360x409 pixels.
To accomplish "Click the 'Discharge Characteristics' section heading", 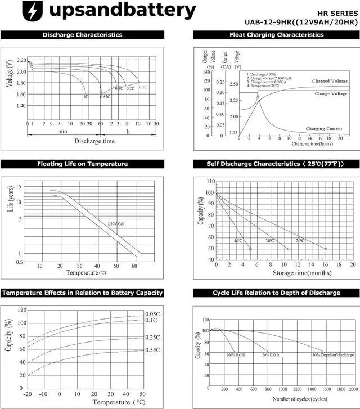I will [x=82, y=35].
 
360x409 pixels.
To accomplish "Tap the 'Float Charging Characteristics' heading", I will [x=276, y=35].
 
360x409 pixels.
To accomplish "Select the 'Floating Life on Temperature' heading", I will [x=82, y=164].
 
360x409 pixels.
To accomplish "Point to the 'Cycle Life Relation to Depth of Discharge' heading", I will [x=276, y=293].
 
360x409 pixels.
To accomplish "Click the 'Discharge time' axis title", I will [x=94, y=141].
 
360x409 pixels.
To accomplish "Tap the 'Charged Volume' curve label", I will [x=330, y=82].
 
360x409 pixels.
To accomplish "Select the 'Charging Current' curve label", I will [x=323, y=129].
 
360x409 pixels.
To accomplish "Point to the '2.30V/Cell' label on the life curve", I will [x=116, y=224].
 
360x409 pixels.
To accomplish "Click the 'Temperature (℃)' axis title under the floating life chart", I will [x=86, y=273].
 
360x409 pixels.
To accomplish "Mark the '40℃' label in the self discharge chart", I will [x=238, y=241].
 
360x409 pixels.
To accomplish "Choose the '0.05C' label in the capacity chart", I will [x=152, y=314].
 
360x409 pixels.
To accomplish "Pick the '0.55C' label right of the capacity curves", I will [x=152, y=350].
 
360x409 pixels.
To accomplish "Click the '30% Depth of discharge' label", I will [x=333, y=355].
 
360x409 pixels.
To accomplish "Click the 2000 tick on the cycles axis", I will [x=353, y=389].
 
